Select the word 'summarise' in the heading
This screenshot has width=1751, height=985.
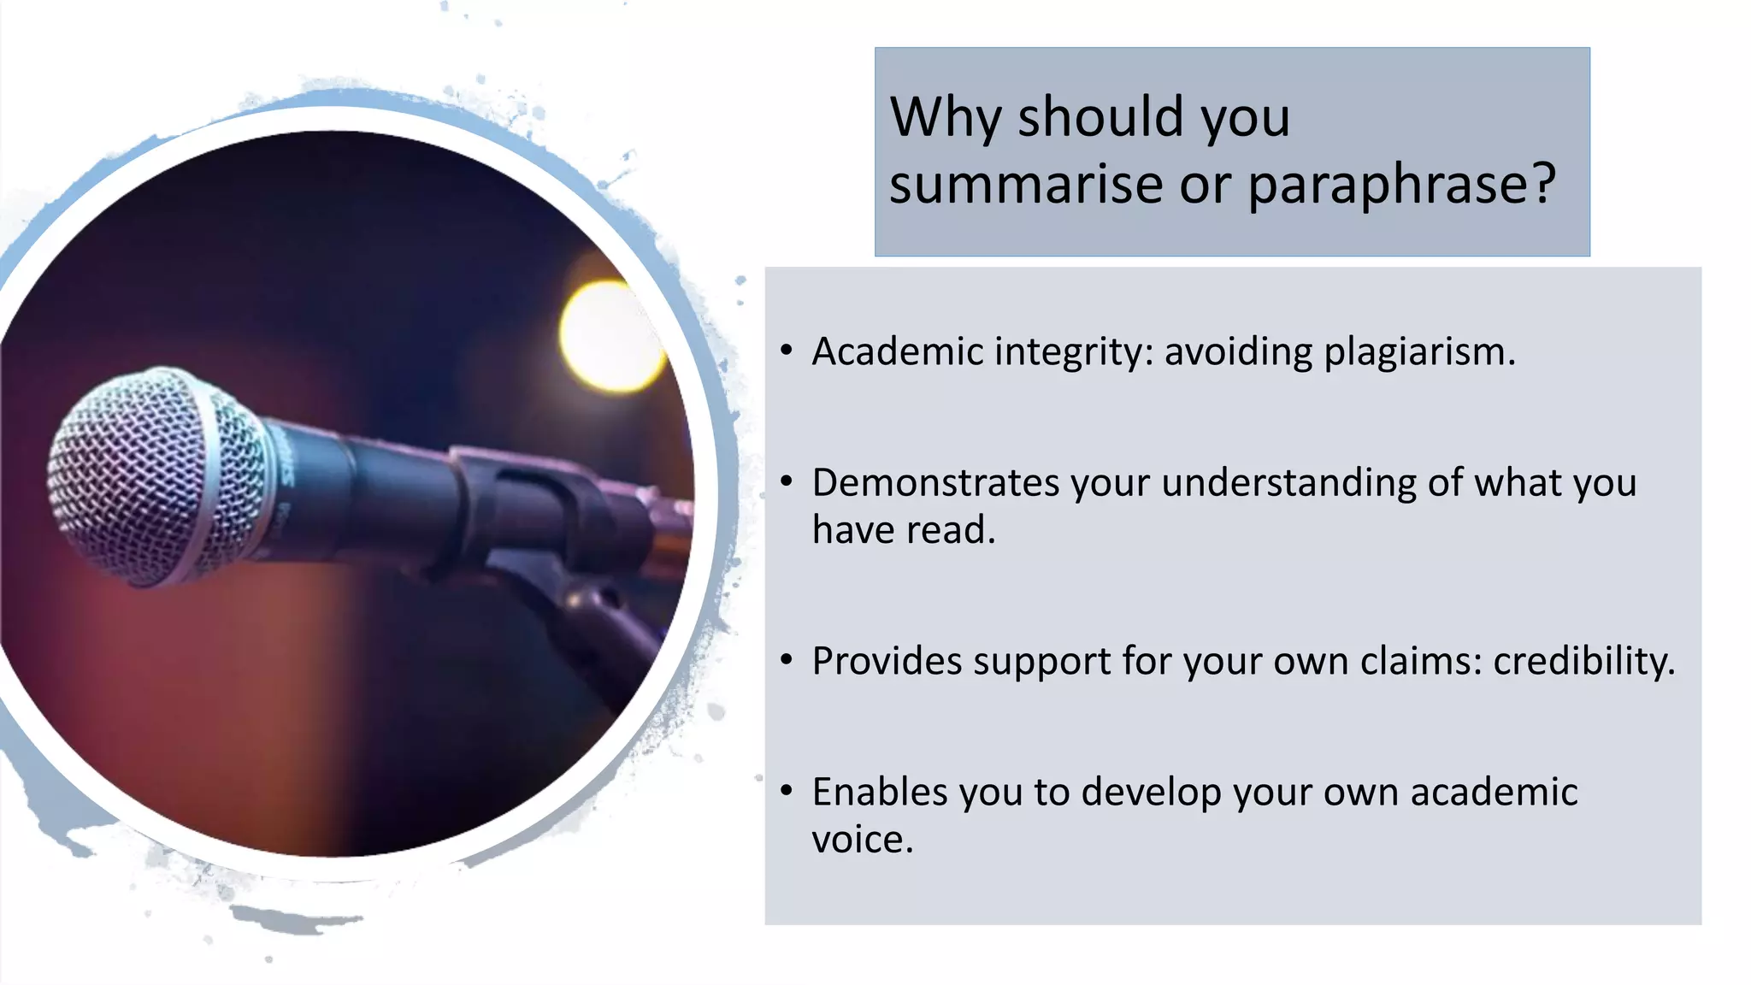(x=1026, y=185)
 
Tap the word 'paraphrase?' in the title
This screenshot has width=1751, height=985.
(x=1402, y=185)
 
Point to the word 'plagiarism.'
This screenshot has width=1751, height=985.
(x=1419, y=351)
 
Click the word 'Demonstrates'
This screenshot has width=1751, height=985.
(x=935, y=483)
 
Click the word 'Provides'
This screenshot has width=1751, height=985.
(x=887, y=661)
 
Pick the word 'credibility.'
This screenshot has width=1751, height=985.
(x=1584, y=661)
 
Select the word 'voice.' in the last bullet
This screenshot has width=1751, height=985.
(x=862, y=840)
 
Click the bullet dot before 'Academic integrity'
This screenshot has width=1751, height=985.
(x=787, y=351)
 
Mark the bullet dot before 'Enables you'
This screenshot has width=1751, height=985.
(x=787, y=791)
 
